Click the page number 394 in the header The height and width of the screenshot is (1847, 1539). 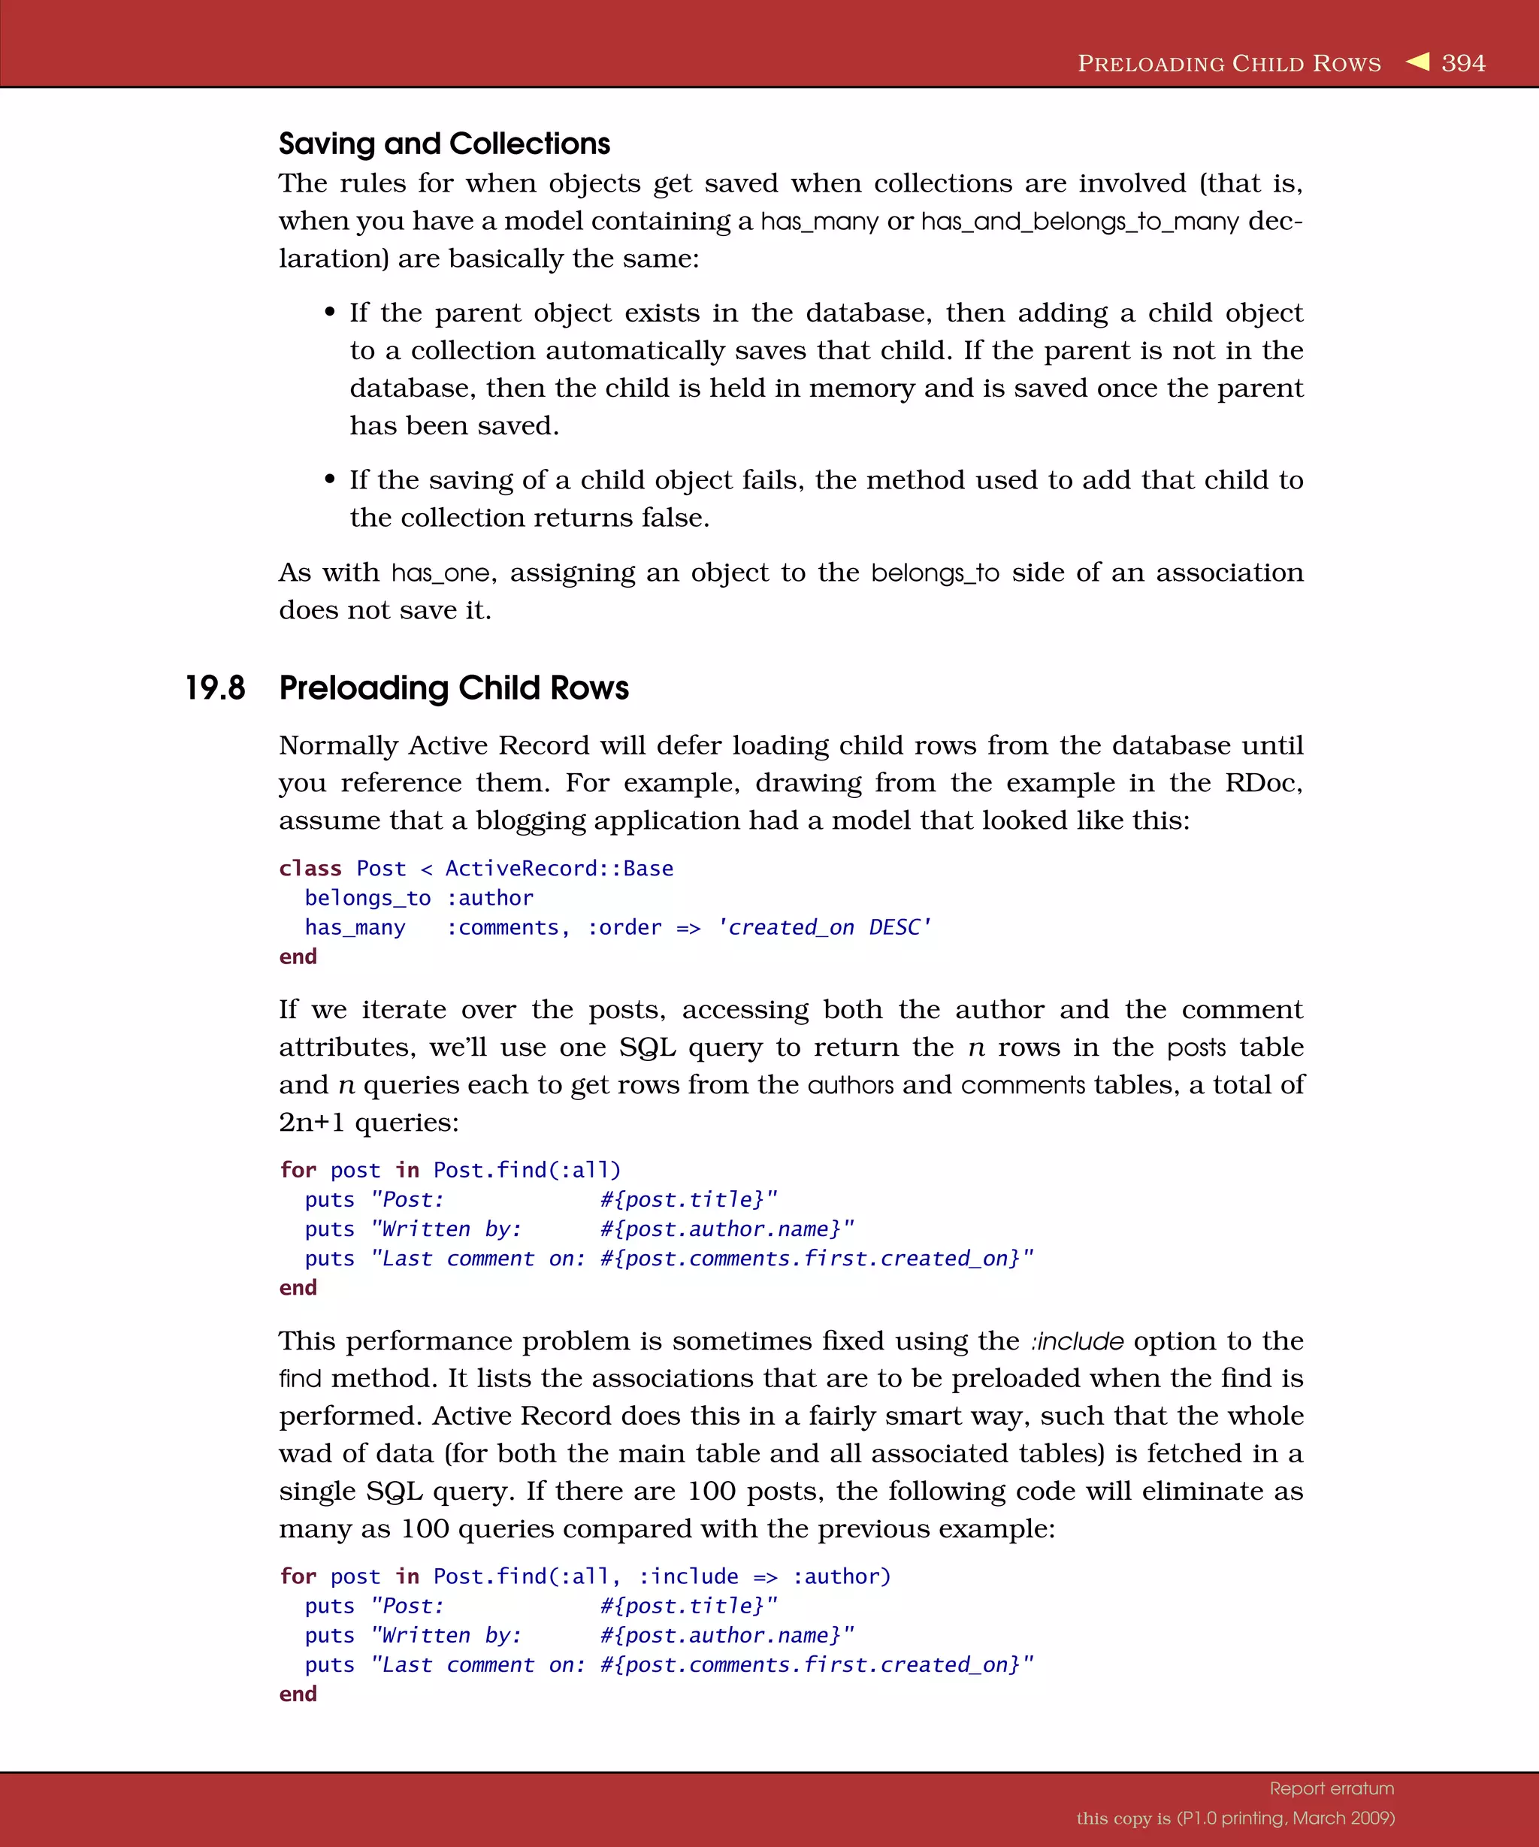tap(1463, 63)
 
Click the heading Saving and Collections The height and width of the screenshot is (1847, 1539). tap(444, 144)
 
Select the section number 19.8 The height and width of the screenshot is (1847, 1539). tap(215, 688)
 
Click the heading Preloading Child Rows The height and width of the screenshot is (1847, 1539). tap(454, 688)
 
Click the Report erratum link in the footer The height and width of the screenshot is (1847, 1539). tap(1332, 1788)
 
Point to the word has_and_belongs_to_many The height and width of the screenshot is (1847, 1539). tap(1079, 222)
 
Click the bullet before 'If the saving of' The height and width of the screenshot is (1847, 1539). tap(330, 479)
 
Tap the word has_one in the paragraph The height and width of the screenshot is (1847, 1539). tap(440, 573)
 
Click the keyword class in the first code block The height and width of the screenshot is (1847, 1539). tap(310, 868)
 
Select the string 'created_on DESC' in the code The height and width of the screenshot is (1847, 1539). tap(824, 927)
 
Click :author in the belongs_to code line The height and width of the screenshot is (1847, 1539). tap(490, 898)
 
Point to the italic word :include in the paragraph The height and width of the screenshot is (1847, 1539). tap(1078, 1341)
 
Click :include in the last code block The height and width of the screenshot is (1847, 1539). tap(688, 1576)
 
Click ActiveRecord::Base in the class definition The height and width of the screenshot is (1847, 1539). tap(559, 868)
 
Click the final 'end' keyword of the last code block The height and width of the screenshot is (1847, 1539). tap(298, 1694)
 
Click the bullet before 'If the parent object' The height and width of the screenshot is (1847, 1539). tap(330, 313)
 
